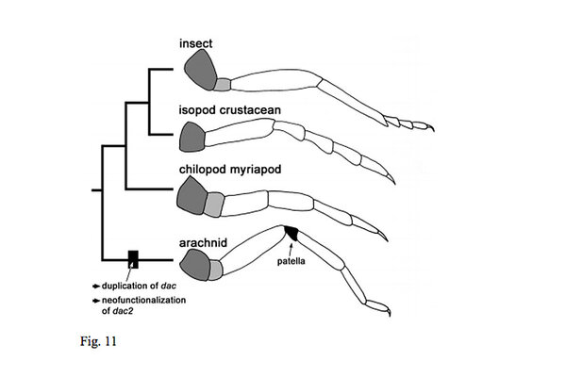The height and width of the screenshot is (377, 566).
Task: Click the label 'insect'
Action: [x=200, y=42]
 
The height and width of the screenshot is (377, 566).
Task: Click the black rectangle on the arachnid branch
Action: [x=134, y=257]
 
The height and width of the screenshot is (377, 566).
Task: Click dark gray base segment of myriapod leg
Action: [x=192, y=198]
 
